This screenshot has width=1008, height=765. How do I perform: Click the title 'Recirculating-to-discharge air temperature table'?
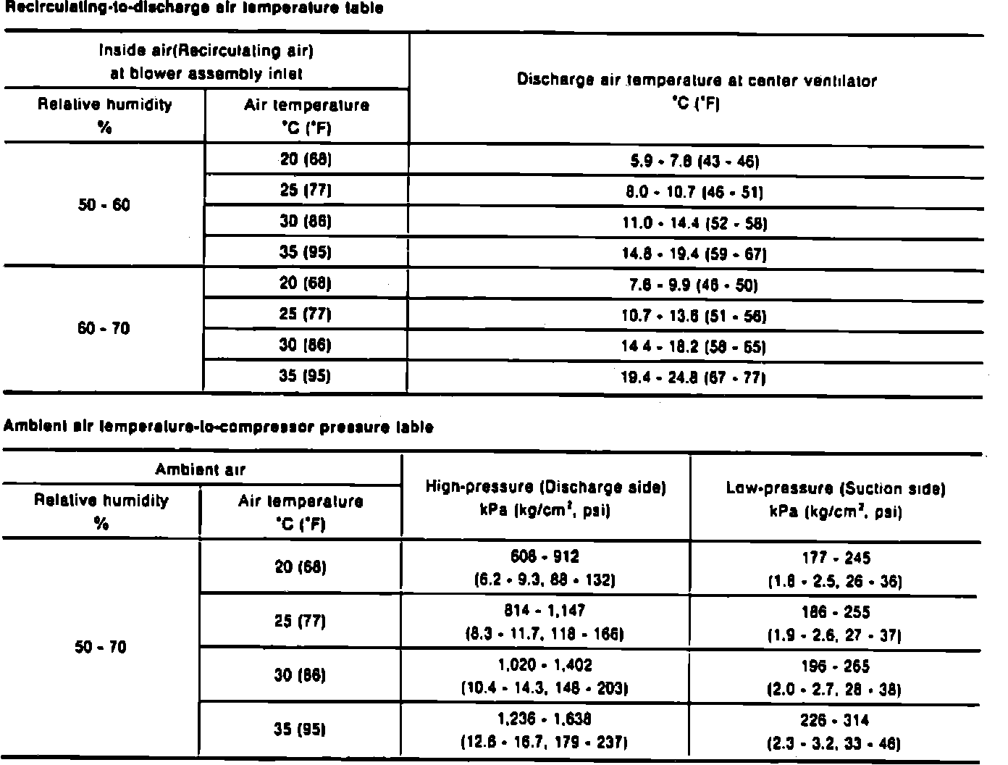click(193, 8)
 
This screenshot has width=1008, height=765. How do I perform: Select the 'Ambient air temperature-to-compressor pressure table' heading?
click(219, 427)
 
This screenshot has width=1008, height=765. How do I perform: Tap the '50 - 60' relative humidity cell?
click(104, 205)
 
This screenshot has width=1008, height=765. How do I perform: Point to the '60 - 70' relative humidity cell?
click(104, 329)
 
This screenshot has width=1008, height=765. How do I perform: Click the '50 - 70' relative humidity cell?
click(101, 647)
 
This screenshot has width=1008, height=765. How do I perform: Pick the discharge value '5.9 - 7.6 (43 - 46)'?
click(694, 161)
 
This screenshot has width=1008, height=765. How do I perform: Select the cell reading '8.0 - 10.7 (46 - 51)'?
click(694, 192)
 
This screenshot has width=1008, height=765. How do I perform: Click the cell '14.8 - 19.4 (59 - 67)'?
click(694, 254)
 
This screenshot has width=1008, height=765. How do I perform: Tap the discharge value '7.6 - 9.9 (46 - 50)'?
click(694, 285)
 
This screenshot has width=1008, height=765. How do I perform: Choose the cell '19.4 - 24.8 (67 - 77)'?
click(694, 377)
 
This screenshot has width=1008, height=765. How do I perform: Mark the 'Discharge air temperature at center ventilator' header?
click(696, 81)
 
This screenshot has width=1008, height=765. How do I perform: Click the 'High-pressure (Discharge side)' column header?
click(545, 488)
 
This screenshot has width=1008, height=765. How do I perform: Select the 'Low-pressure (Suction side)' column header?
click(836, 489)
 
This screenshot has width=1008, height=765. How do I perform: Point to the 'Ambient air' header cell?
click(201, 469)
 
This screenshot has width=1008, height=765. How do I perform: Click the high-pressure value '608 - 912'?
click(545, 557)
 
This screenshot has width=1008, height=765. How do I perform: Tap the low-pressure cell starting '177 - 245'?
click(836, 559)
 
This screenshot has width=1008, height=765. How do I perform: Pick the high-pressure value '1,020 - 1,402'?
click(545, 665)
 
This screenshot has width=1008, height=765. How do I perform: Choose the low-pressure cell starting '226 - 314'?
click(834, 721)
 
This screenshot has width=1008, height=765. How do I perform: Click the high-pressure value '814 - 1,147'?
click(545, 611)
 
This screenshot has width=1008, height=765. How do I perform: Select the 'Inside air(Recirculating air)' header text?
click(206, 51)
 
